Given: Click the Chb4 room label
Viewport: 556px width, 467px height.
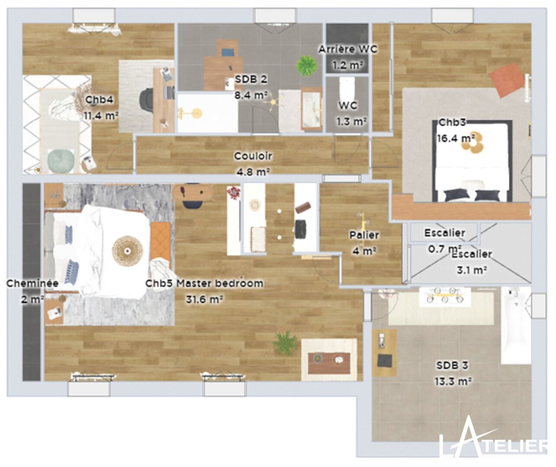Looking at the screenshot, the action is [x=99, y=100].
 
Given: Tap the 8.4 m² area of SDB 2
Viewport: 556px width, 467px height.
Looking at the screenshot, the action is [x=251, y=95].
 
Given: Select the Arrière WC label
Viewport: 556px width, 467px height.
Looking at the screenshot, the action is [x=348, y=49].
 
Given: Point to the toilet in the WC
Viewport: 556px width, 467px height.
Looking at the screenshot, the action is [x=347, y=88].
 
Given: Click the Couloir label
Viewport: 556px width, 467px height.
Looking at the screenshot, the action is [x=253, y=156].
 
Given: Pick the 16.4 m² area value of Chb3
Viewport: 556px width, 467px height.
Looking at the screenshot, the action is [x=456, y=138].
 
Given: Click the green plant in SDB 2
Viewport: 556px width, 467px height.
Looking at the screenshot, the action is [x=306, y=66].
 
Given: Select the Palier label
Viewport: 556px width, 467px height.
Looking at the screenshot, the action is [x=364, y=235].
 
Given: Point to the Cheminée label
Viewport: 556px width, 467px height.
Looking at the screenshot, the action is [x=32, y=283].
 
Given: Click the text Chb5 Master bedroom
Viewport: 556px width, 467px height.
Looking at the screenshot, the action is [x=204, y=283].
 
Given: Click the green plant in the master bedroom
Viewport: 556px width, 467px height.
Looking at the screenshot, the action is [x=285, y=343].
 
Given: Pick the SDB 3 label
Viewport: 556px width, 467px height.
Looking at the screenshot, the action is [x=452, y=365].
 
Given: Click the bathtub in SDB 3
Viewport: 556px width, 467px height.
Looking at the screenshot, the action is [x=516, y=325].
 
